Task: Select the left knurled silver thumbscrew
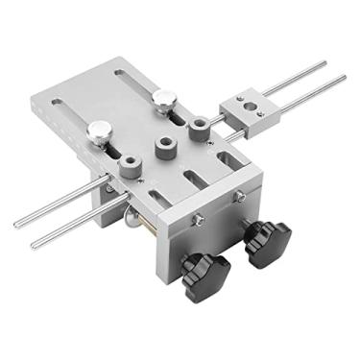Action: click(x=98, y=132)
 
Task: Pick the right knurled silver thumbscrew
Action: click(x=164, y=99)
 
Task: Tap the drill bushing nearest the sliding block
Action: click(x=200, y=129)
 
